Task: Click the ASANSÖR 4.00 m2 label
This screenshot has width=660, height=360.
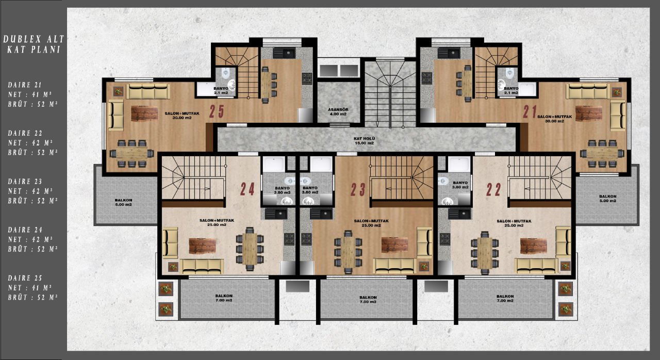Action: [338, 112]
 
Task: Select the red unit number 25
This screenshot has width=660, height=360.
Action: [217, 111]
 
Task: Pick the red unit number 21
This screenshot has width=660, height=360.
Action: [531, 112]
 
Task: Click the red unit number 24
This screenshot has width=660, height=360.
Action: [247, 189]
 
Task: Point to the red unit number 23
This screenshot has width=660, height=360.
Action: [358, 190]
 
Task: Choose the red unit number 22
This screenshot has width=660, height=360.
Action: [493, 190]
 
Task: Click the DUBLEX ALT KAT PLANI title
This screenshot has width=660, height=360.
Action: [34, 44]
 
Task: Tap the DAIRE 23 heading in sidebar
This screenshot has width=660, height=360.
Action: [26, 181]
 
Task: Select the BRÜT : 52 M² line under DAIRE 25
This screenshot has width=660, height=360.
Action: [32, 298]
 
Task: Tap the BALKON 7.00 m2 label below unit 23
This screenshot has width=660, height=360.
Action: [368, 299]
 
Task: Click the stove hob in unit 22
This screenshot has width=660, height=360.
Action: [445, 238]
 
